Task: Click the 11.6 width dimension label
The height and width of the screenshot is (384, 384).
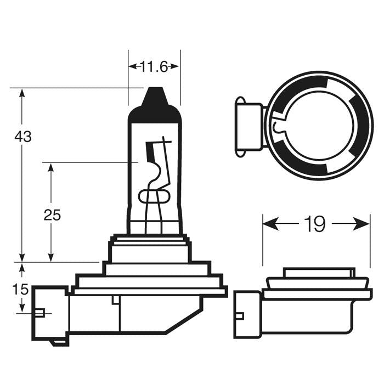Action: (x=154, y=67)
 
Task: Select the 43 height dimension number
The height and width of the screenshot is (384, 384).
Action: (x=23, y=137)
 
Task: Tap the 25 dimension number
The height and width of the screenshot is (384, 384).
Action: (x=52, y=214)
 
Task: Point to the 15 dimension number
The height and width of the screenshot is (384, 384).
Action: (x=20, y=289)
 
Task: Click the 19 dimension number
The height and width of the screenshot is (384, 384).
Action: (x=315, y=224)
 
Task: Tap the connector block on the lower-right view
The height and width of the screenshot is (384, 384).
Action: (x=246, y=314)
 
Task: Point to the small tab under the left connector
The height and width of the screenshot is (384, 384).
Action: (x=57, y=342)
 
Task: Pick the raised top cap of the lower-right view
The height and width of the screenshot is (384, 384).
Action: (x=318, y=273)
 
